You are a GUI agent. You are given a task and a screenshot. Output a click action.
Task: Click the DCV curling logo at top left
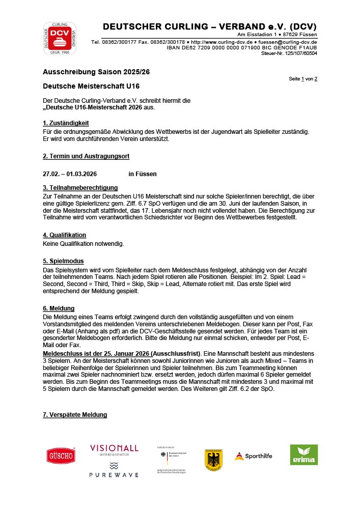(60, 38)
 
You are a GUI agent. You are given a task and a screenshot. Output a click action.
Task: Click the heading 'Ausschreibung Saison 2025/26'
(96, 72)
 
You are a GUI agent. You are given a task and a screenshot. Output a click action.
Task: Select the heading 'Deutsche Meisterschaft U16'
(91, 86)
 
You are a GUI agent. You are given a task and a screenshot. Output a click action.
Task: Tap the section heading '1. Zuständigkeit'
(66, 123)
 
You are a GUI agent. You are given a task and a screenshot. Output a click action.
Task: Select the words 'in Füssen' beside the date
(143, 174)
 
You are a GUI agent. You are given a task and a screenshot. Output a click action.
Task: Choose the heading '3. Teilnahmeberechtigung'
(80, 188)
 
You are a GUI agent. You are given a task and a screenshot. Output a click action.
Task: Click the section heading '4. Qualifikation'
(65, 235)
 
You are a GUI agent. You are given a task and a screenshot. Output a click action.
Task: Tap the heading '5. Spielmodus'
(63, 261)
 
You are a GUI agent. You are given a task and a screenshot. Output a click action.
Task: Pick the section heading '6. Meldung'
(59, 308)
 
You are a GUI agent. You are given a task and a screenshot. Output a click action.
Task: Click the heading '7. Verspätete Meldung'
(75, 415)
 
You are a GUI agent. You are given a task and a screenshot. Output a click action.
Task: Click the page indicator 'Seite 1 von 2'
(303, 79)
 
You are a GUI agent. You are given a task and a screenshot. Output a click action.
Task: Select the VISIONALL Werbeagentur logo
(114, 450)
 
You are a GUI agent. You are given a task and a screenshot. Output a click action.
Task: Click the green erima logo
(304, 455)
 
